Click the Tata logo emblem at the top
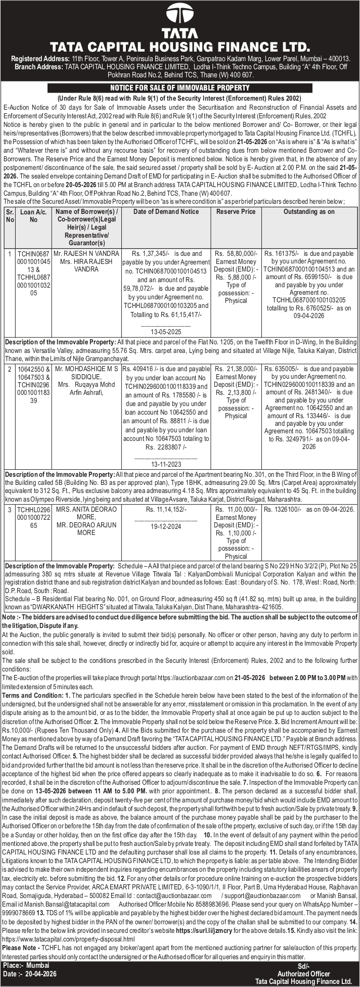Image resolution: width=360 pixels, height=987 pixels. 180,14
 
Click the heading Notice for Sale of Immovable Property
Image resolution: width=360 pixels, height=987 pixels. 179,88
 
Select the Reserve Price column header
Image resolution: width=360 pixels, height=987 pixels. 236,212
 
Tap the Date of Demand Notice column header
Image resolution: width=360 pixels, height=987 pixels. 166,212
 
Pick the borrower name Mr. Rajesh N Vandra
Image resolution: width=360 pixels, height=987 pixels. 86,253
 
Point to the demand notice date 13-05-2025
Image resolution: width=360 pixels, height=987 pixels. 166,332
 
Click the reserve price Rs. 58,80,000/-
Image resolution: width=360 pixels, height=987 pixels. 236,253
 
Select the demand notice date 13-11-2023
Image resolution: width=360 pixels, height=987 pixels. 166,464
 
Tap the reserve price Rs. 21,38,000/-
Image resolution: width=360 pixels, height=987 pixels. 236,369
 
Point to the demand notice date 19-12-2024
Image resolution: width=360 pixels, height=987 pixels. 166,526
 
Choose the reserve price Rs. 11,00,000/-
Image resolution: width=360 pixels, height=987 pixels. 236,509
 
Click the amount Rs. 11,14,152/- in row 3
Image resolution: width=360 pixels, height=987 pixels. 166,509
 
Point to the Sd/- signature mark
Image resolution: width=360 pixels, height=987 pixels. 303,966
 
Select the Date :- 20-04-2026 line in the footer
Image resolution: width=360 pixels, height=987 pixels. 30,974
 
